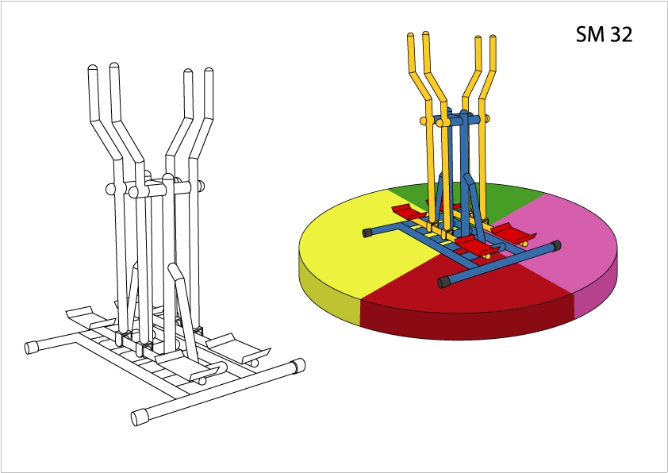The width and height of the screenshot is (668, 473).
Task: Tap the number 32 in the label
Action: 621,34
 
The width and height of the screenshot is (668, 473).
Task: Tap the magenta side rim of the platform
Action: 597,294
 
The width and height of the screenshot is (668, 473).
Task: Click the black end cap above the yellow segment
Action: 367,233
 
